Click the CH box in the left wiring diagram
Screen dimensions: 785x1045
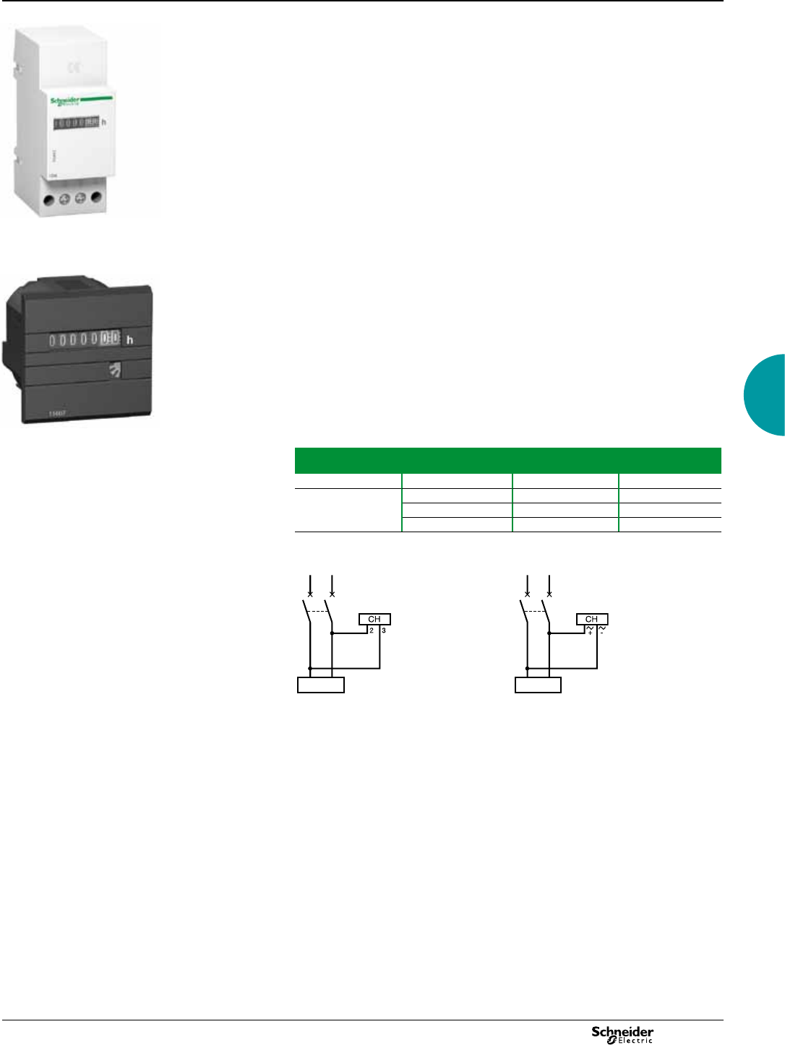[374, 619]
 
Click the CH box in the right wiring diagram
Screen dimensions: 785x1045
[592, 619]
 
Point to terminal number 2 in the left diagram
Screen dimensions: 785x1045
[372, 630]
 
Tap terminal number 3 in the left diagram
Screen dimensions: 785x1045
[384, 630]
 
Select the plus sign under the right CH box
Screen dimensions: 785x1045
[590, 633]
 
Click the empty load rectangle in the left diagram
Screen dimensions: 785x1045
[321, 685]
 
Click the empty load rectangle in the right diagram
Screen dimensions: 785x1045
[538, 685]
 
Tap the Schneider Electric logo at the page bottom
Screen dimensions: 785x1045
[622, 1034]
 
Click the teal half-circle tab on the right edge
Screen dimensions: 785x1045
[766, 395]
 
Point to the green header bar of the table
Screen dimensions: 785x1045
[507, 460]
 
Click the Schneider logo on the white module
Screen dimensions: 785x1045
[65, 101]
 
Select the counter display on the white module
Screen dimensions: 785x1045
[76, 123]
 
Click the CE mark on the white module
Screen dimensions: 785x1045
[74, 68]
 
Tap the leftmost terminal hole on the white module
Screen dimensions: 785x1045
[48, 199]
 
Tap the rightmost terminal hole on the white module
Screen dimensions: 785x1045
[96, 197]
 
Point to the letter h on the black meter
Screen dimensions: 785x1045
[130, 339]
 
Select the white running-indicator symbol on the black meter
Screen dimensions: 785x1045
[115, 370]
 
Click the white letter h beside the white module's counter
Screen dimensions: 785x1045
[104, 122]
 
